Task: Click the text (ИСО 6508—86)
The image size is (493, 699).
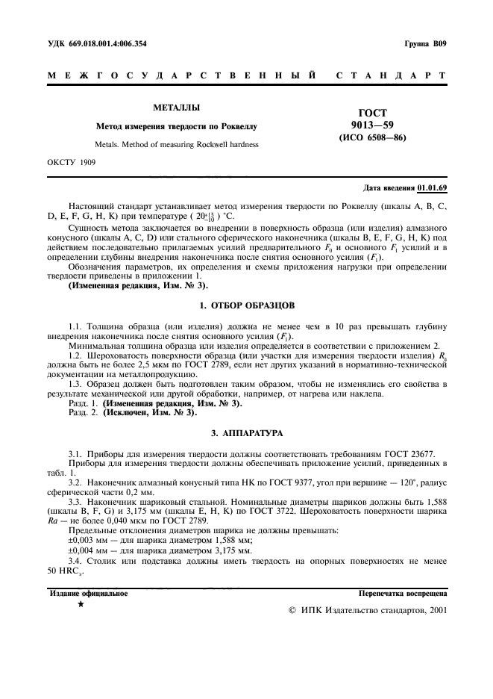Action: [373, 138]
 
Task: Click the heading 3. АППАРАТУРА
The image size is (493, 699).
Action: [246, 433]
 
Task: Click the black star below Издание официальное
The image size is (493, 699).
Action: [81, 605]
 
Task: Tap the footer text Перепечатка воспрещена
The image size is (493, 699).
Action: [403, 594]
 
